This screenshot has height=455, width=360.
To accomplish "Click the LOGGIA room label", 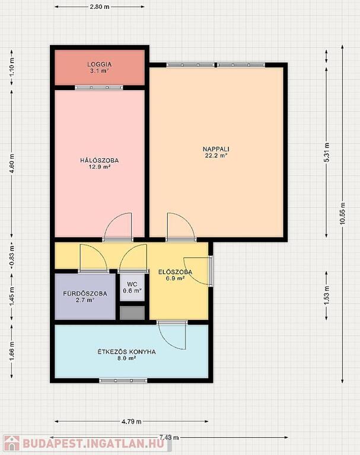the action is pos(100,65).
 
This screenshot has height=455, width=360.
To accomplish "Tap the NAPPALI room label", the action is pos(216,149).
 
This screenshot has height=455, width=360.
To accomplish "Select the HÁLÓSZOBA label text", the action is pos(100,161).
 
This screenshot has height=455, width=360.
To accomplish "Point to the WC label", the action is pos(132,284).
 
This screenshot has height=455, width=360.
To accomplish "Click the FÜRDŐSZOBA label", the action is pos(85,294).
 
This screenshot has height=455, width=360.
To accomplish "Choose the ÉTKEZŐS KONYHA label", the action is pos(127,352).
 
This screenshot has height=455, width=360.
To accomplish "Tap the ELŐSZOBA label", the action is pos(175,272).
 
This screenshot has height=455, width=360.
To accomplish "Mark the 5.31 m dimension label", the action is pos(327,152).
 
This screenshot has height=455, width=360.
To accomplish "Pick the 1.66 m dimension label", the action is pos(12,351).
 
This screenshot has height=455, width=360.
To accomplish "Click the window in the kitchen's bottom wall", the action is pos(123,380).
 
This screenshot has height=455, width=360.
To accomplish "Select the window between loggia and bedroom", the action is pos(99,88).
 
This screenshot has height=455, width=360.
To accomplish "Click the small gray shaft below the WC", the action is pos(132,313).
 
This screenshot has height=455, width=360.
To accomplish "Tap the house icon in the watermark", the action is pos(12,444).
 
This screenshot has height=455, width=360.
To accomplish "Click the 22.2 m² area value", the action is pos(216,156).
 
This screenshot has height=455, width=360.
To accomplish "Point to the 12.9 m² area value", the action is pos(100,167).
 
